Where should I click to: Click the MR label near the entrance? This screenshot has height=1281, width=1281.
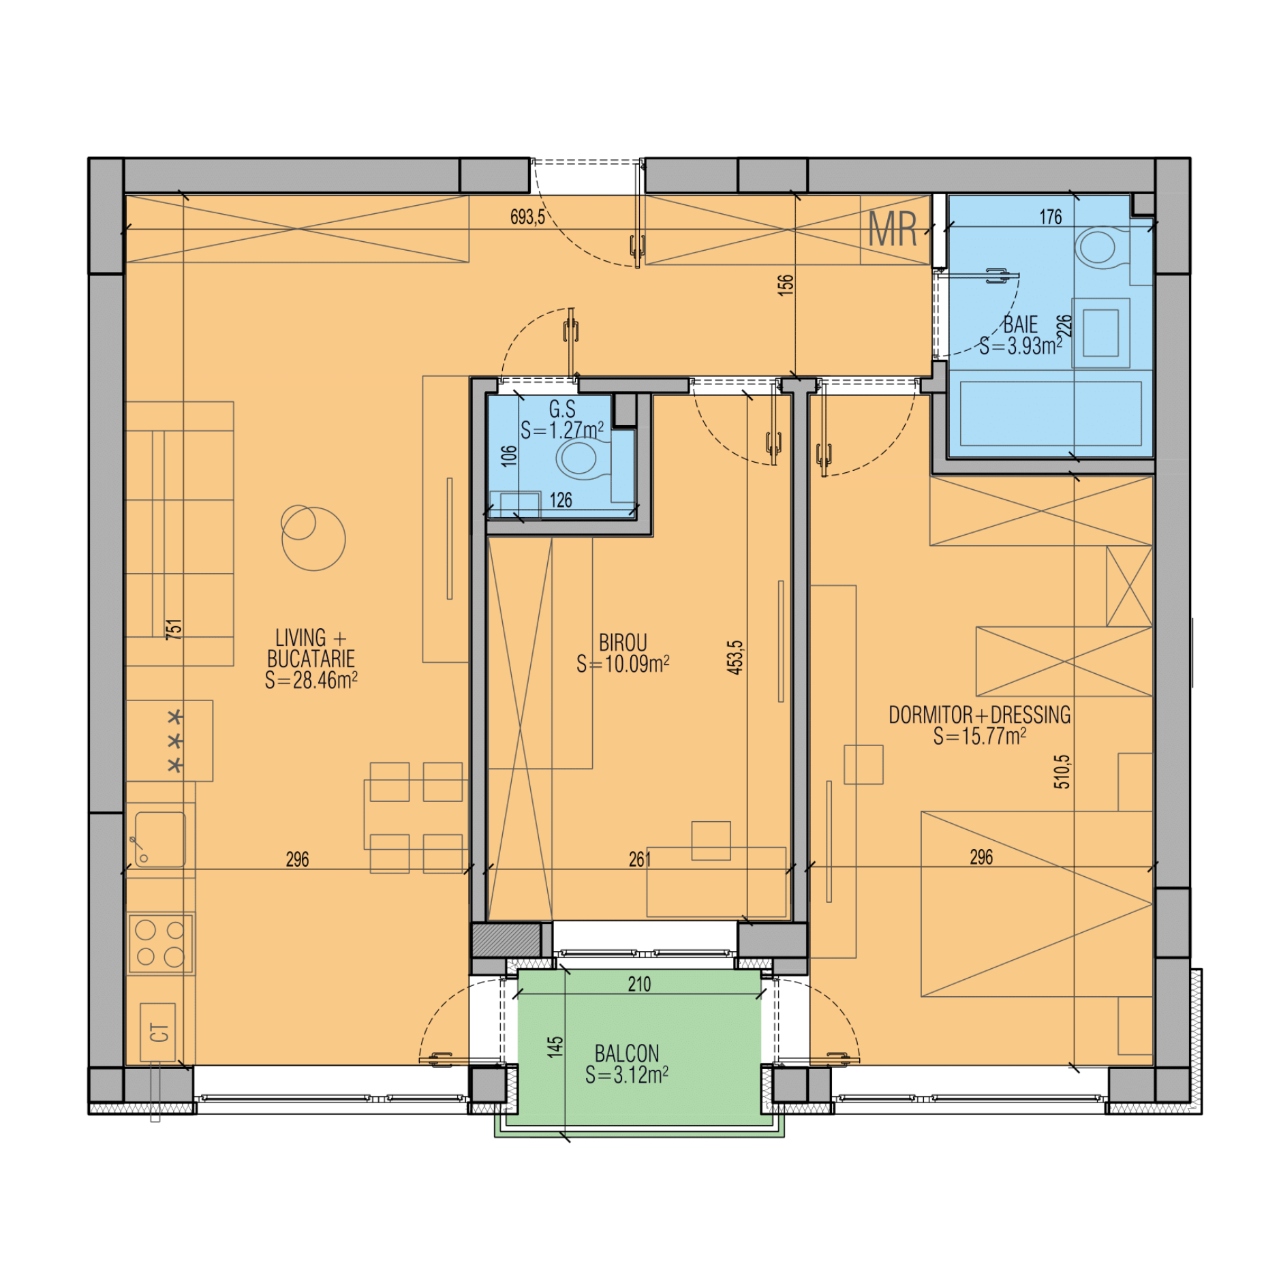coord(893,229)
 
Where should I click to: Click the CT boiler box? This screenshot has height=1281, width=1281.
coord(158,1032)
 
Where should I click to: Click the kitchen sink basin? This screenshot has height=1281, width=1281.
coord(160,839)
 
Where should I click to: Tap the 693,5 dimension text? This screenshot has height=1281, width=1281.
coord(527,217)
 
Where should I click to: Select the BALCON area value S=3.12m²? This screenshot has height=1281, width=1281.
coord(626,1075)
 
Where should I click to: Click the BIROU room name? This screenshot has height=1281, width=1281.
coord(623,643)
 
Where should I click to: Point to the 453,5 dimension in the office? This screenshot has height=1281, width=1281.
coord(735,658)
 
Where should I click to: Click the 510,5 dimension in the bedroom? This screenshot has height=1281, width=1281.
coord(1062,771)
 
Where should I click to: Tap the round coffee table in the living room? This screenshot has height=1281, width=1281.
coord(313,538)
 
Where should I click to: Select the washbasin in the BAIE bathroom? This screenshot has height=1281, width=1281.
coord(1100,333)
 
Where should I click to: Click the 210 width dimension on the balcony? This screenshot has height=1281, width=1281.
coord(639,984)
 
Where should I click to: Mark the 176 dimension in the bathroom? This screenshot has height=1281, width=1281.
coord(1050,217)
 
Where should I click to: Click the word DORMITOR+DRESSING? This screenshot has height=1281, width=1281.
coord(979,715)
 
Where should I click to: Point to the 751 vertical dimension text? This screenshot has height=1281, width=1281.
coord(174,628)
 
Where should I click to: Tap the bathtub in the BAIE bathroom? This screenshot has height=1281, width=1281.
coord(1050,414)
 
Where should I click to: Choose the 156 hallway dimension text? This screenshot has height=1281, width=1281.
coord(786,283)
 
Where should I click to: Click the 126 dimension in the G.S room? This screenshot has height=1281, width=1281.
coord(560,500)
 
